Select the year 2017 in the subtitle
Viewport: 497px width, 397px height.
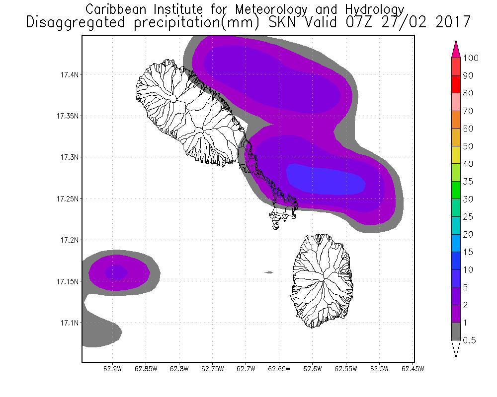click(451, 22)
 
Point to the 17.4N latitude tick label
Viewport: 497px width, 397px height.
click(68, 74)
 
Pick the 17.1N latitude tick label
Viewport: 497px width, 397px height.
click(68, 323)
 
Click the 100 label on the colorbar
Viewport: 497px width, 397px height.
click(470, 58)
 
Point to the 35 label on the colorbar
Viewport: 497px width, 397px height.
click(468, 182)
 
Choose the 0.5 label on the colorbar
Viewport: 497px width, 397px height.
click(469, 340)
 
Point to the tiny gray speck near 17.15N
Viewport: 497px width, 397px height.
click(269, 272)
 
